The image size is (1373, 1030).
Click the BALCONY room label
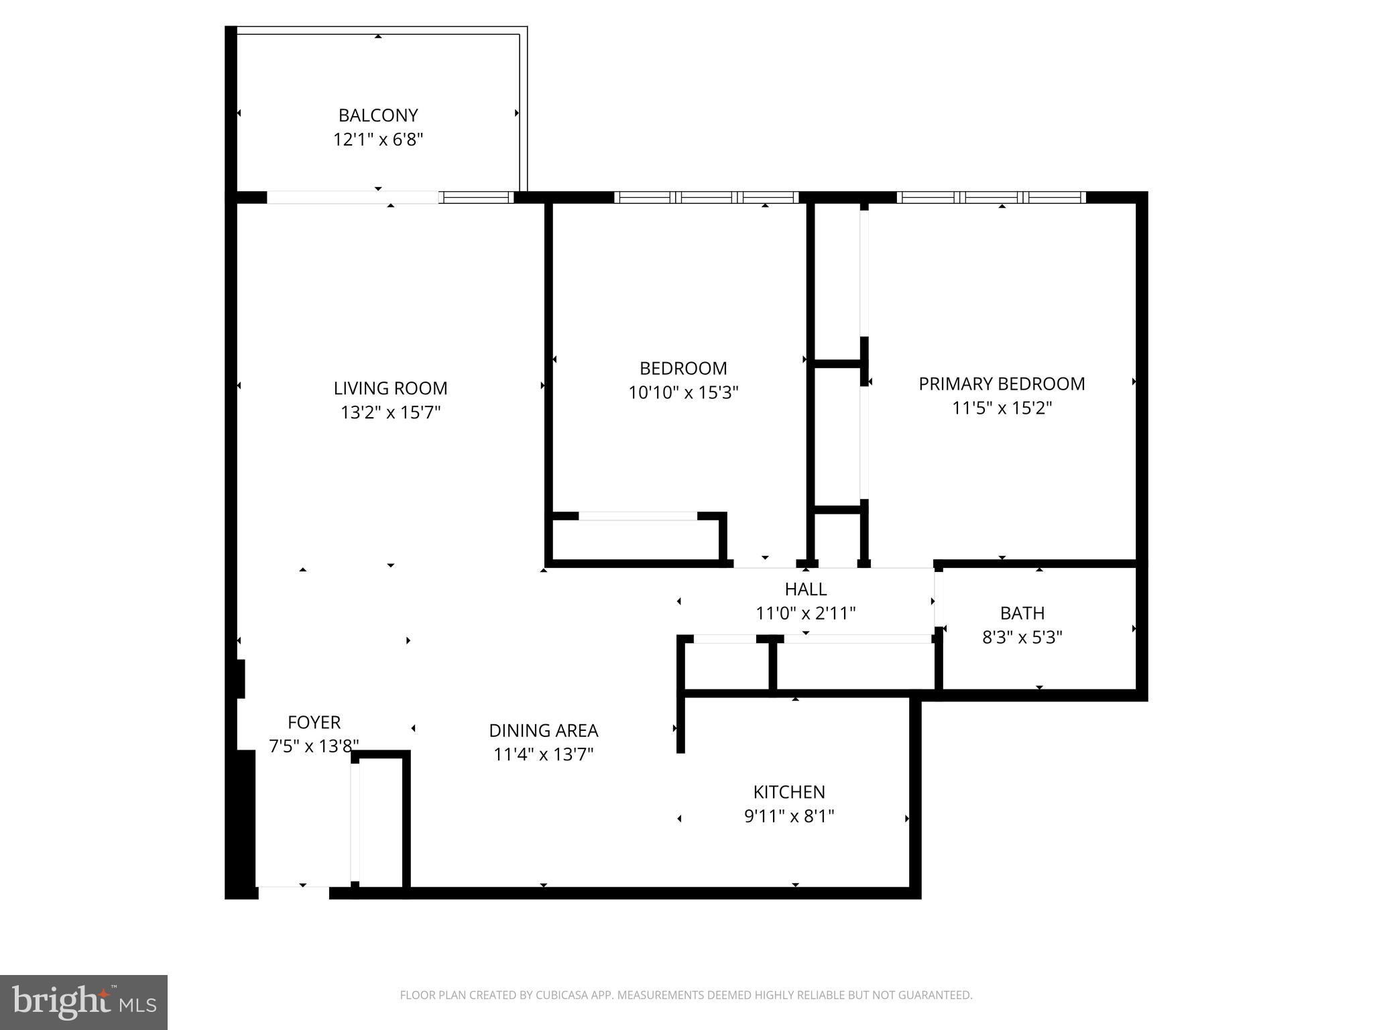pos(378,115)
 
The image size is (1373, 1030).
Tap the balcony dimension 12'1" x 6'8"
pos(378,139)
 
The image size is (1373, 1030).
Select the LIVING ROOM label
pos(390,388)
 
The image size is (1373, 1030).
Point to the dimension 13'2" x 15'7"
pos(390,412)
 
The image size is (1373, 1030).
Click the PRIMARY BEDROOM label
pos(1002,384)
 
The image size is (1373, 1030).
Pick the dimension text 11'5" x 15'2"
pos(1002,408)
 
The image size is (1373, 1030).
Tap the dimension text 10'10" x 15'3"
pos(683,392)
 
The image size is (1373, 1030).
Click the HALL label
pos(805,589)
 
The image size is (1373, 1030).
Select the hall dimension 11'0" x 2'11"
pos(805,613)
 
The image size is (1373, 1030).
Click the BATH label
pos(1022,613)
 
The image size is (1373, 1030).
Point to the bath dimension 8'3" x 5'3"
pos(1022,637)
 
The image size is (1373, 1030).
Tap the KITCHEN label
pos(788,792)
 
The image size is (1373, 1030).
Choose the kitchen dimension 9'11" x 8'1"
pos(788,816)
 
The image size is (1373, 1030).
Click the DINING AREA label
pos(543,730)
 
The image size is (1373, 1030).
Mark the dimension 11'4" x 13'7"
pos(543,754)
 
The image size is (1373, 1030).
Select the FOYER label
pos(314,722)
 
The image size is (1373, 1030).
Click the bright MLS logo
pos(84,1002)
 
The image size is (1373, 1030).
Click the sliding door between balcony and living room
pos(353,197)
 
